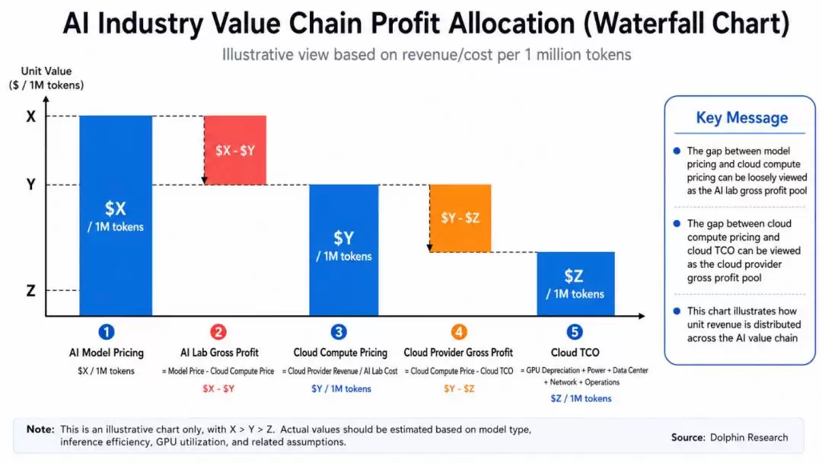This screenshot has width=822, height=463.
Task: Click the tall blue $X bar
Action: coord(116,216)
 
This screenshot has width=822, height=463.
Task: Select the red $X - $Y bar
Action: coord(235,150)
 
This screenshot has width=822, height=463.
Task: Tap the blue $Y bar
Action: coord(344,250)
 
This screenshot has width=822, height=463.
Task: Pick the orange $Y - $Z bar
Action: coord(460,218)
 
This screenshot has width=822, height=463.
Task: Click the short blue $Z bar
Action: coord(575,284)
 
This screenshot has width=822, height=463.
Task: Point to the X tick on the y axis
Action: coord(31,117)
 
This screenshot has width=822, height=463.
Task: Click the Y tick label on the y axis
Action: coord(31,184)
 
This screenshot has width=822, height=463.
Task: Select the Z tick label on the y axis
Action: coord(31,290)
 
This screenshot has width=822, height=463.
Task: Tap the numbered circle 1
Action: coord(107,332)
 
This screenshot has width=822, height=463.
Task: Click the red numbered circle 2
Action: coord(218,332)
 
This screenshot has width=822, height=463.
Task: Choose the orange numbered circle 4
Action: coord(459,332)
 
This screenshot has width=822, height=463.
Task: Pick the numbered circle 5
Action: coord(575,332)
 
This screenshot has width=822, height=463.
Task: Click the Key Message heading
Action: coord(742,118)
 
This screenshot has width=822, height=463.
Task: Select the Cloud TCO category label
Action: coord(575,353)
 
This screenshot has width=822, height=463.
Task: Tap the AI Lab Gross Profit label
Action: coord(219,353)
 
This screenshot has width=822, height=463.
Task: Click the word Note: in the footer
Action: coord(40,429)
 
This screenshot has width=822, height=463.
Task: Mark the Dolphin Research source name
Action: coord(749,437)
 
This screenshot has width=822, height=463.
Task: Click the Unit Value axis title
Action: coord(46,72)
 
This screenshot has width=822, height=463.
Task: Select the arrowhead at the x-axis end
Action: coord(642,316)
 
